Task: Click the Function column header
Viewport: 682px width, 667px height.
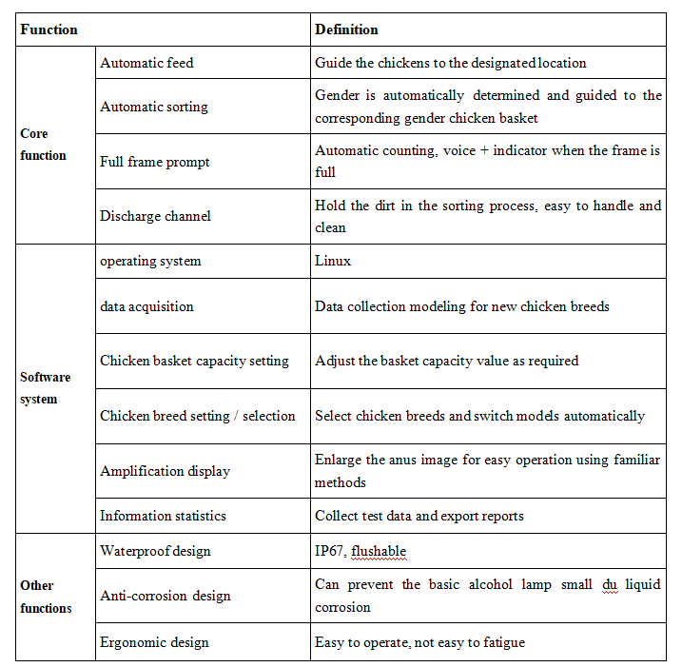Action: (49, 29)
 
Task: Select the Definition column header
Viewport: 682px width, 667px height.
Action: (346, 29)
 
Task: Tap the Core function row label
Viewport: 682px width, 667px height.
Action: (43, 145)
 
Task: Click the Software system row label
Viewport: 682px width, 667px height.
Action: (45, 388)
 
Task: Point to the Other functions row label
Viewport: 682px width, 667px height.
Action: (46, 597)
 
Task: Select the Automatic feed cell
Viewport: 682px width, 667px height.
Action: (146, 63)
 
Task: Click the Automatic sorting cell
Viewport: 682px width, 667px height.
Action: (154, 108)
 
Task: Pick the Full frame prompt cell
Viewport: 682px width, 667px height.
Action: (155, 162)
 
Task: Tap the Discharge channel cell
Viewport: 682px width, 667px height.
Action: (155, 216)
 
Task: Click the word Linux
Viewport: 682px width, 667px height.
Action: (333, 261)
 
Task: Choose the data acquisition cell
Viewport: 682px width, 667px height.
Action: (146, 306)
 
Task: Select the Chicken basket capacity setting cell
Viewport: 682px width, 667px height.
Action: (194, 361)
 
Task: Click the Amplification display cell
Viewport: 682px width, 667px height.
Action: (165, 471)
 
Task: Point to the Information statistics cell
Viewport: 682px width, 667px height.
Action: (163, 516)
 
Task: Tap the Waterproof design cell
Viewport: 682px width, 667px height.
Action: (155, 551)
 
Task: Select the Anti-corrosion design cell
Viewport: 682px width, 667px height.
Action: (165, 596)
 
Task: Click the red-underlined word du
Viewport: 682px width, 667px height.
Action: (611, 584)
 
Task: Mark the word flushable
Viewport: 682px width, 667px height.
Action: (380, 551)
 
